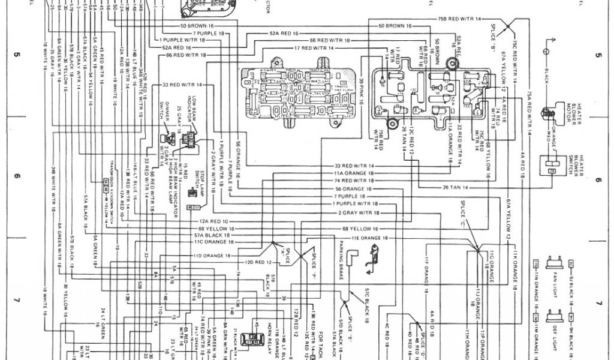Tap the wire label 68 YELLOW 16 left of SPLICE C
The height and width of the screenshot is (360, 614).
tap(360, 229)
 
